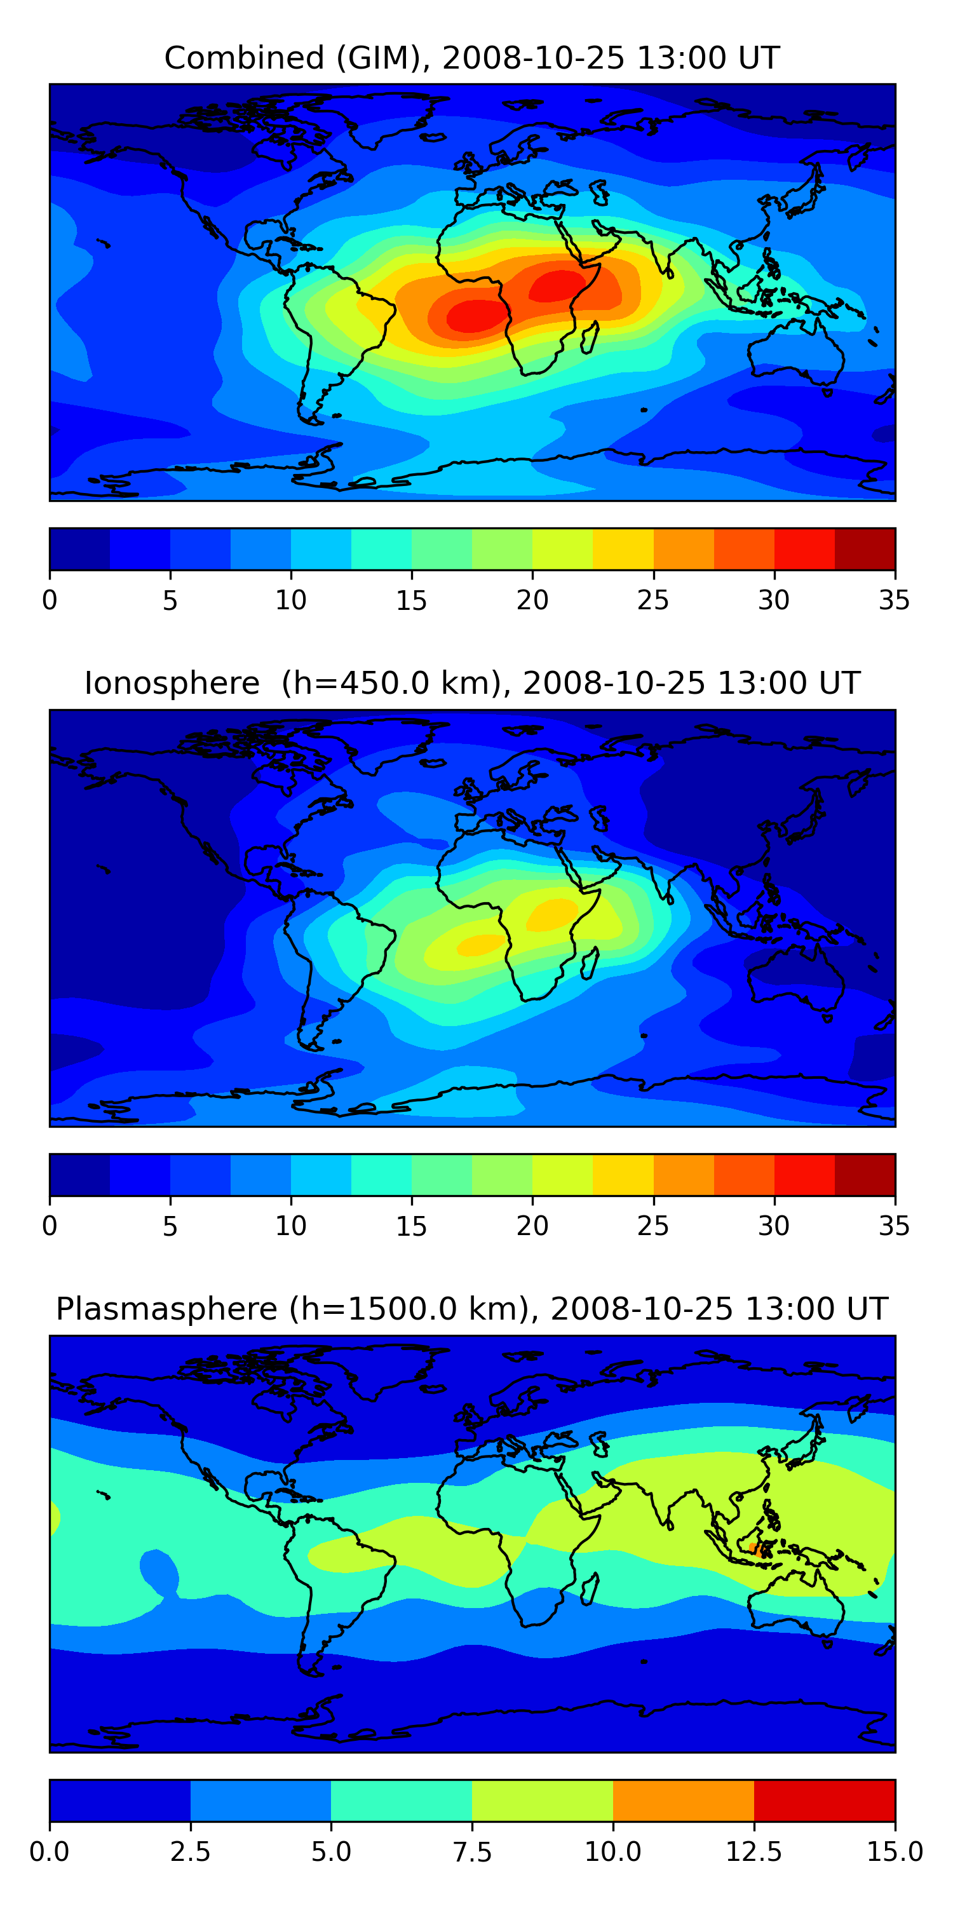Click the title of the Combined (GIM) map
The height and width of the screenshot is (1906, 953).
point(471,58)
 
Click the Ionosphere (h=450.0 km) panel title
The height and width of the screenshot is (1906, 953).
point(471,683)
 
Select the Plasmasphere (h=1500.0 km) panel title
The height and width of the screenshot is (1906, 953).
point(471,1309)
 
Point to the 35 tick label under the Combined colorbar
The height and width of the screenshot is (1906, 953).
point(894,600)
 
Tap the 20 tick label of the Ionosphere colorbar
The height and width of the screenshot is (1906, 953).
point(532,1226)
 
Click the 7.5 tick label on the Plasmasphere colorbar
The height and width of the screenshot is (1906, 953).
point(472,1852)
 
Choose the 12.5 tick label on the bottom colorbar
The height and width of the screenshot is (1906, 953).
point(754,1852)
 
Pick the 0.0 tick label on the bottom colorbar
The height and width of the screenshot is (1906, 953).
point(50,1852)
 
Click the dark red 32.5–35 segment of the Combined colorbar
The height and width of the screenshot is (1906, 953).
point(864,548)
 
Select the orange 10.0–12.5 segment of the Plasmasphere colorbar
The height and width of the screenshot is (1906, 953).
point(683,1800)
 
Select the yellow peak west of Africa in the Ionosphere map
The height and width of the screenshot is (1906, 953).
point(482,945)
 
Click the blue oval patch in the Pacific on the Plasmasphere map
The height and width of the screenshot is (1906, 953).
point(158,1570)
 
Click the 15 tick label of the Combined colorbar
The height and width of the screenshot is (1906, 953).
point(412,600)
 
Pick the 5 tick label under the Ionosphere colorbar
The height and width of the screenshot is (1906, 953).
point(170,1226)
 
